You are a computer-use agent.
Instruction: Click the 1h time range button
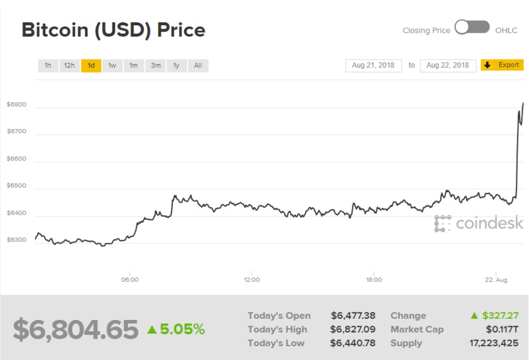(48, 65)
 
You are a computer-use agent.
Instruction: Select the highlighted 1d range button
(91, 65)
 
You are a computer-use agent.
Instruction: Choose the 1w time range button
(112, 65)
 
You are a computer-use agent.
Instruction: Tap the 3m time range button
(156, 65)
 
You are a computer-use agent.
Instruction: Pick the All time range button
(198, 65)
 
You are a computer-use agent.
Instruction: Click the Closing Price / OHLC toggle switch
(472, 27)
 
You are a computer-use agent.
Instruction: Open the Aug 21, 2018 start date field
(373, 65)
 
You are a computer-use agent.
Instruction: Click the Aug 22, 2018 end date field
(448, 65)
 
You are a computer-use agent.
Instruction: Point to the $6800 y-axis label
(17, 104)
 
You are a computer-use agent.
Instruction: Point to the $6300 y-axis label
(17, 240)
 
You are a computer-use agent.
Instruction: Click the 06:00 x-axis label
(130, 280)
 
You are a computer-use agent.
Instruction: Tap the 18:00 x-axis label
(373, 280)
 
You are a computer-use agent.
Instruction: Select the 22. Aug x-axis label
(495, 280)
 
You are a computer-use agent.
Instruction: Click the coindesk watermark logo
(478, 223)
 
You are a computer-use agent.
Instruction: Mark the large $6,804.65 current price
(75, 329)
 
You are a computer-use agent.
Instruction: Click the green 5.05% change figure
(176, 329)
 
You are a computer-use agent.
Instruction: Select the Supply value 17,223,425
(494, 343)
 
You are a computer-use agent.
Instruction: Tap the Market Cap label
(417, 329)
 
